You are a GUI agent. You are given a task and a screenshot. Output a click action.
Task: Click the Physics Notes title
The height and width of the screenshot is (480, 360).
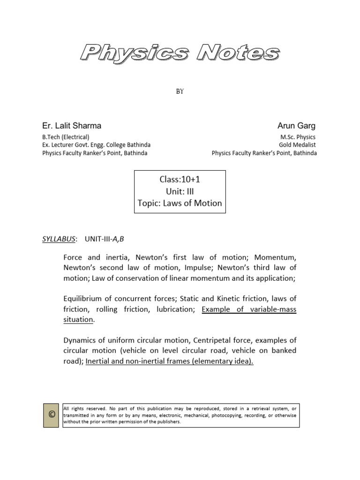180,53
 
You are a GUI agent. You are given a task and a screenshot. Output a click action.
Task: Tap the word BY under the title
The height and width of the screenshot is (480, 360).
180,91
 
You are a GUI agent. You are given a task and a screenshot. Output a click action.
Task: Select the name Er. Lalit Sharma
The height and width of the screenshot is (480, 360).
72,126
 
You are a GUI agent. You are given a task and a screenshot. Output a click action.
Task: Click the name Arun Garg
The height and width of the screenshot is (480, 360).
297,126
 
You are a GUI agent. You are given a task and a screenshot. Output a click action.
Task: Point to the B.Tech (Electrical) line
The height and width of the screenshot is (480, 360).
66,137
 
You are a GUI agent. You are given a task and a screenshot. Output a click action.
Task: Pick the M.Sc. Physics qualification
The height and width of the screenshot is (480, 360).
298,137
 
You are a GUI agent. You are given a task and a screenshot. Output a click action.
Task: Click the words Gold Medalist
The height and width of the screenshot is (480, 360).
298,145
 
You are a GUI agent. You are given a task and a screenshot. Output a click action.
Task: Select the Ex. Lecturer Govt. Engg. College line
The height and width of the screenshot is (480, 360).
96,145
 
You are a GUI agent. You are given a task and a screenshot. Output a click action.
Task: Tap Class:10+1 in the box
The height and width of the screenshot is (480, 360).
180,180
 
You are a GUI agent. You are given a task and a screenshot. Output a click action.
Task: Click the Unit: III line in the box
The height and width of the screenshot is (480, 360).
180,191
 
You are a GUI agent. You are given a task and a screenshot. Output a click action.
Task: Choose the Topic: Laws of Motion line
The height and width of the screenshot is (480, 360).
180,203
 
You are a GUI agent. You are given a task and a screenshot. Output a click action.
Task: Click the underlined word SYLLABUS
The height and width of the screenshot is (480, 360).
59,239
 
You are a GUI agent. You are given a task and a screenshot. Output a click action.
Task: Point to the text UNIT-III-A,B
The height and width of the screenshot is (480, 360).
105,239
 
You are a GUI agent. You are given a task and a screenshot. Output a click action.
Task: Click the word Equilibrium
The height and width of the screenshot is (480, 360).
84,299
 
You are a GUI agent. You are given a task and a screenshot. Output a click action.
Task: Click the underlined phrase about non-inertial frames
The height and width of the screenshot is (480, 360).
170,361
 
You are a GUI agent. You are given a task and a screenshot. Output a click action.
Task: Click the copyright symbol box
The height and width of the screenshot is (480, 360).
51,415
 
